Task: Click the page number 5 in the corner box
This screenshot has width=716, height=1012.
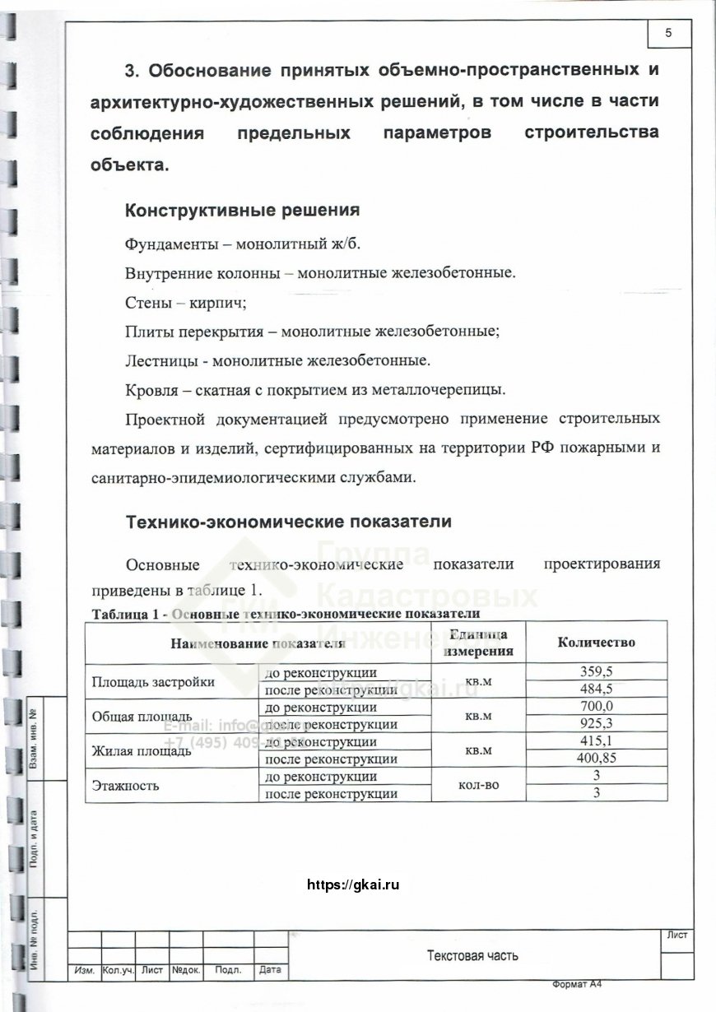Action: click(667, 33)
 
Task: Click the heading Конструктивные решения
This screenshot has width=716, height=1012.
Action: click(242, 210)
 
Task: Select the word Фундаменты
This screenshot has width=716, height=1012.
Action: click(171, 244)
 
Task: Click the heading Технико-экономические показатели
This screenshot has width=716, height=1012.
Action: click(288, 522)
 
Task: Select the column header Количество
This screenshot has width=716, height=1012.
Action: click(597, 643)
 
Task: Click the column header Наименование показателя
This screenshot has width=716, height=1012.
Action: click(256, 643)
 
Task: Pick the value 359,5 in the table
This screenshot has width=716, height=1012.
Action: click(597, 671)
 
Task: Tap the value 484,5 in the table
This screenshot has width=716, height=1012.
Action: click(597, 689)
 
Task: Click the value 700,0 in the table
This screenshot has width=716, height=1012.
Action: click(597, 707)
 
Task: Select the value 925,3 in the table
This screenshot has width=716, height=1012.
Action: click(597, 724)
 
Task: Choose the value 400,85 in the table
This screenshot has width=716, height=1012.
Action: click(597, 759)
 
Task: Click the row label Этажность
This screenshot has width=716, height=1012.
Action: click(125, 786)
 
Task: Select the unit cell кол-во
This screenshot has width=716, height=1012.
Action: click(478, 786)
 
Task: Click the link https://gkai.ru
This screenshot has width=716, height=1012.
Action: click(352, 885)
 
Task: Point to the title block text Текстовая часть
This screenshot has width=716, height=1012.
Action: click(472, 955)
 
